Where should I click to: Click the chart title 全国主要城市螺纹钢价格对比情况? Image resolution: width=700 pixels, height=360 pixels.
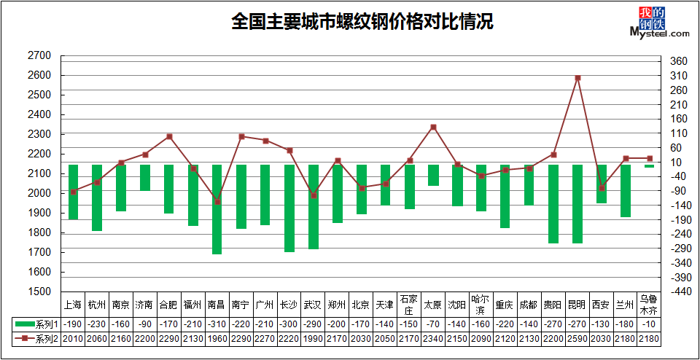(362, 21)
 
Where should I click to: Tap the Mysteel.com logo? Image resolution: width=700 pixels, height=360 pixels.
(659, 23)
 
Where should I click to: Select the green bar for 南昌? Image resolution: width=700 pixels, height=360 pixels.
(217, 209)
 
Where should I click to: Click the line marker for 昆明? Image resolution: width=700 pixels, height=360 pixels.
(577, 78)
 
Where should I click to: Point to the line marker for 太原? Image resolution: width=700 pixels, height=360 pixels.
(433, 127)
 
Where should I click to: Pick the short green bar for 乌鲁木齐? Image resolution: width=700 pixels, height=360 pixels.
(650, 166)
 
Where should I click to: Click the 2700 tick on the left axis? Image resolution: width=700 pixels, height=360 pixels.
(39, 56)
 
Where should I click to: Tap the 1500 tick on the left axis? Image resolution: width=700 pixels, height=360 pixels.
(39, 291)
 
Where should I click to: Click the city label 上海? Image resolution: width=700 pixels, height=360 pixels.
(73, 305)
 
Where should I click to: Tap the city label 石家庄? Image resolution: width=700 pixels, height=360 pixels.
(409, 305)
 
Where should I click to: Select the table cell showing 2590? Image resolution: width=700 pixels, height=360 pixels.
(577, 339)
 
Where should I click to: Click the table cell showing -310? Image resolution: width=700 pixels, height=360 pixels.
(217, 324)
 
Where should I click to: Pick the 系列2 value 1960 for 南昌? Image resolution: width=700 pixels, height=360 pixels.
(217, 339)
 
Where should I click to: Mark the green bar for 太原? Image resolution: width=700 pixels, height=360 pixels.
(433, 175)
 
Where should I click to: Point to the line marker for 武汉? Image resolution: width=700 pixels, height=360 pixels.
(314, 195)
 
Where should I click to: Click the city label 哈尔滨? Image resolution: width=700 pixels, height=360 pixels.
(481, 305)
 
